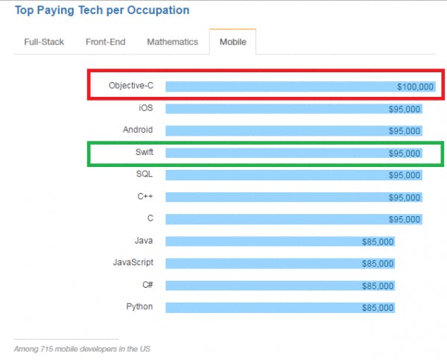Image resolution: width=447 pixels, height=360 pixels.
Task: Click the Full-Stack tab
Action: coord(44,42)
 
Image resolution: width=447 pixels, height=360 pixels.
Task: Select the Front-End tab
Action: coord(106,42)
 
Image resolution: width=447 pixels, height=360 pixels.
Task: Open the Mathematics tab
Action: coord(172,42)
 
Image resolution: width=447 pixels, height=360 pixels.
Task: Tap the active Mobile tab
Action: coord(232,42)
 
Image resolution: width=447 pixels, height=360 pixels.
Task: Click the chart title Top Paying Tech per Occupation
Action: coord(102,10)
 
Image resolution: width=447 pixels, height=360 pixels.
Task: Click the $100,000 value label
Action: coord(414,87)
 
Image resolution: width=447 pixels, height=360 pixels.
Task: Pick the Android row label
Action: coord(138,130)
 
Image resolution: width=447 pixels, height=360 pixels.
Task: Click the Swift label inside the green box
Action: coord(144,153)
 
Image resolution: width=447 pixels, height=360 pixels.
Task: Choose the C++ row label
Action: coord(145,197)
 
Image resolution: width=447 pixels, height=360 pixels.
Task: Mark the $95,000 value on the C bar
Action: coord(405,219)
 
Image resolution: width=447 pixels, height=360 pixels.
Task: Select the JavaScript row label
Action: coord(133,263)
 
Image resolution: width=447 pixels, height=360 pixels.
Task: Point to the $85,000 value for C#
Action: coord(377,285)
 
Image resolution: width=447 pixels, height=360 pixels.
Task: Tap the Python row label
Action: coord(139,307)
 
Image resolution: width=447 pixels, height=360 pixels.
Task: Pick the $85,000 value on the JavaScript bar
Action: coord(377,264)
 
